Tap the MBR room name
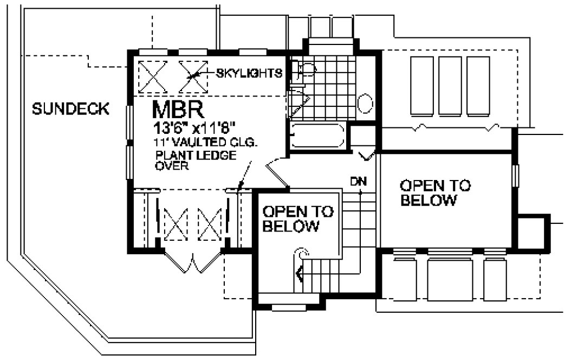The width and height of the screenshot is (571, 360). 178,110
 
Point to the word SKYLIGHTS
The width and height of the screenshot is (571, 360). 249,73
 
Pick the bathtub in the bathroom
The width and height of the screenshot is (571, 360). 317,136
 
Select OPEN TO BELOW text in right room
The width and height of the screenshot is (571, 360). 435,193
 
